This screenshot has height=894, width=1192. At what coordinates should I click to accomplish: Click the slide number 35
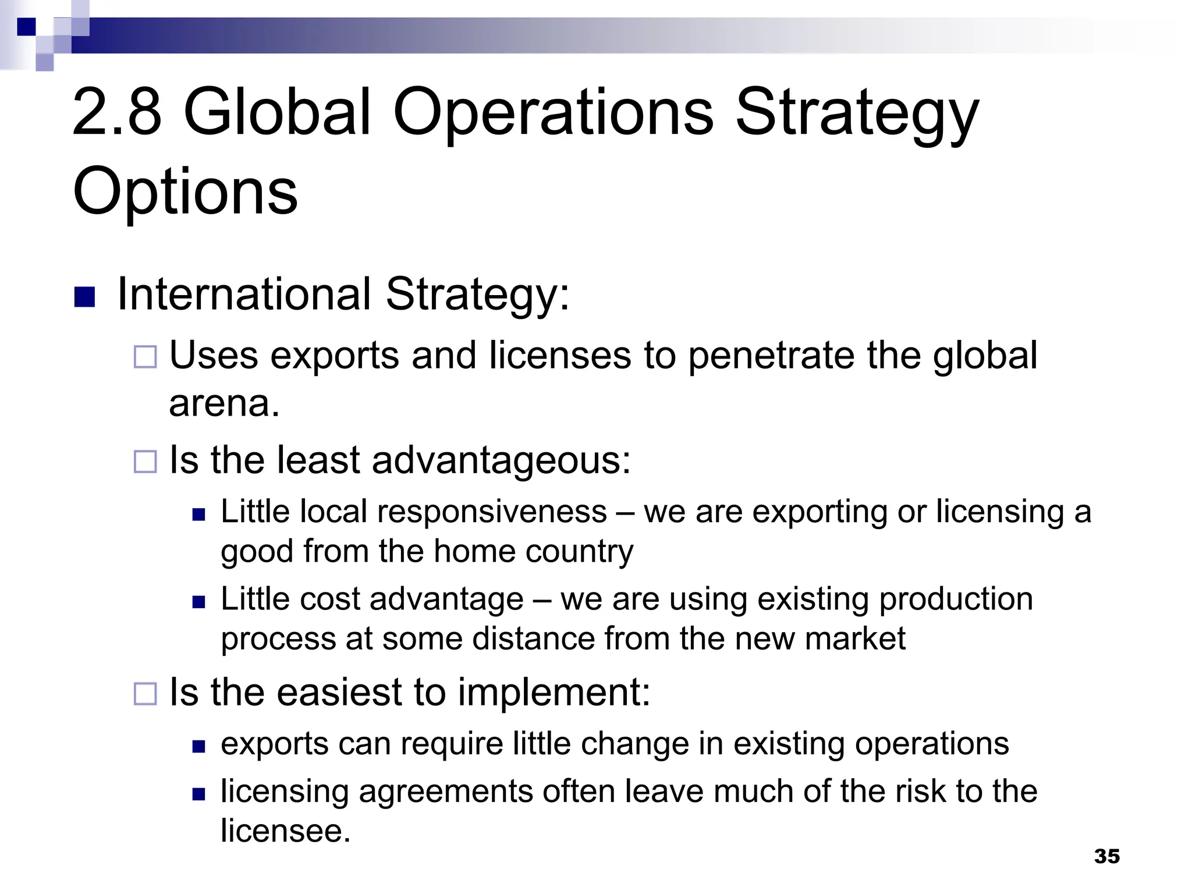coord(1106,856)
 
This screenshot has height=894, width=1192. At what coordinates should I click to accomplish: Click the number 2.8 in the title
coord(116,112)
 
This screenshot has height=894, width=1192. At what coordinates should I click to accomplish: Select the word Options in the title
coord(185,190)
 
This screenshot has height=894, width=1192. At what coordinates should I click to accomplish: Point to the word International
coord(244,294)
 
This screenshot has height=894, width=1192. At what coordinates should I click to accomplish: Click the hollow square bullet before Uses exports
coord(145,357)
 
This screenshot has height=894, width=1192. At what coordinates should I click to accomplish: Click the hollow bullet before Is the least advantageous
coord(145,462)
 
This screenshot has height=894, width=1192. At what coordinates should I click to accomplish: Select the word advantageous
coord(501,460)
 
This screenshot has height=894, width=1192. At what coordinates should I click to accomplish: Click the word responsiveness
coord(492,512)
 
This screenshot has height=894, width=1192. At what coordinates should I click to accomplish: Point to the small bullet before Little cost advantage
coord(199,601)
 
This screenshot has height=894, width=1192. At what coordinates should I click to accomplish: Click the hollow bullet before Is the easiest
coord(145,694)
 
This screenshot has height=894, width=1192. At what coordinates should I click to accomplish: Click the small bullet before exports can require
coord(199,746)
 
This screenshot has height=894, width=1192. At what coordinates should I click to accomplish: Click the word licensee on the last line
coord(285,831)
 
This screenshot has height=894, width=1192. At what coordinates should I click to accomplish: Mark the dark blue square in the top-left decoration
coord(26,27)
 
